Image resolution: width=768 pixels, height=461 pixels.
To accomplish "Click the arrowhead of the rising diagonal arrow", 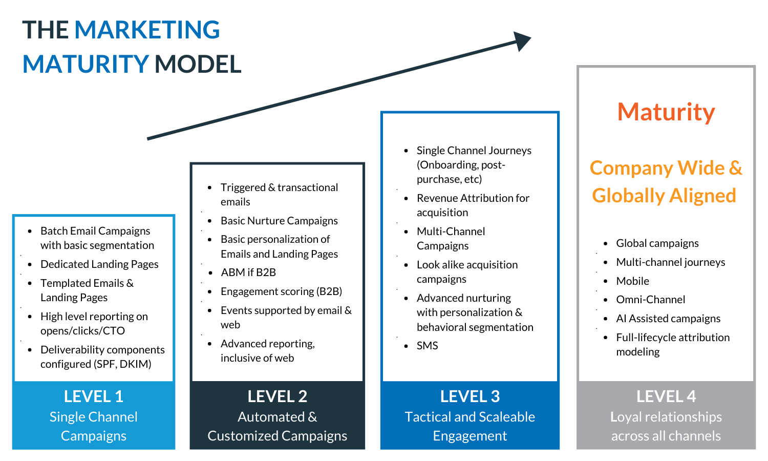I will (522, 40).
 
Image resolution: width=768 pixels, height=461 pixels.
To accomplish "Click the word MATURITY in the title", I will (86, 65).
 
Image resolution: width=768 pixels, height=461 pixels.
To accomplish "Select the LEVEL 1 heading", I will (93, 396).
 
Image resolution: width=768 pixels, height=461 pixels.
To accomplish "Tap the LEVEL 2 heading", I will (277, 396).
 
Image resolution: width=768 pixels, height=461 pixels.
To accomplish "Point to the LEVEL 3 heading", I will (470, 396).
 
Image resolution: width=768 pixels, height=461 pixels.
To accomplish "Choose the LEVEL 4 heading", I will (666, 396).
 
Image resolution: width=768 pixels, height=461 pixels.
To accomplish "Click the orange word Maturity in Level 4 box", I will (666, 112).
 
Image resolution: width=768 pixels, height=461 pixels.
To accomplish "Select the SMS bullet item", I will (427, 346).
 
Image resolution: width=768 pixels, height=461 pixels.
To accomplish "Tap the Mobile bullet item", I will (632, 281).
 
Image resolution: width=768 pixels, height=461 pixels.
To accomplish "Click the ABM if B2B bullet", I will (248, 273).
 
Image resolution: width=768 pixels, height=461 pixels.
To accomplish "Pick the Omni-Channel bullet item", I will (650, 300).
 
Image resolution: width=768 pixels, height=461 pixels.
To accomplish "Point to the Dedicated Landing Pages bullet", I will (99, 264).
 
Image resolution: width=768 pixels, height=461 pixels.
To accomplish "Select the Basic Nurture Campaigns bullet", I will (279, 221).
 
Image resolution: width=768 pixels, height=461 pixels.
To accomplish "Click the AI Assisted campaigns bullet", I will (668, 319).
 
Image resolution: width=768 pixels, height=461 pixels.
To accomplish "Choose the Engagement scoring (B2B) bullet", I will (281, 291).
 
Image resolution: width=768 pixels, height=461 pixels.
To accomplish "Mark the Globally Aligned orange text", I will (664, 196).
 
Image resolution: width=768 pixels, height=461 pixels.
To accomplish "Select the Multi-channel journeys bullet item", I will (670, 262).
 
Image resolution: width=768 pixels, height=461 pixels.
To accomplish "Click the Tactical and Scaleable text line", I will (470, 417).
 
